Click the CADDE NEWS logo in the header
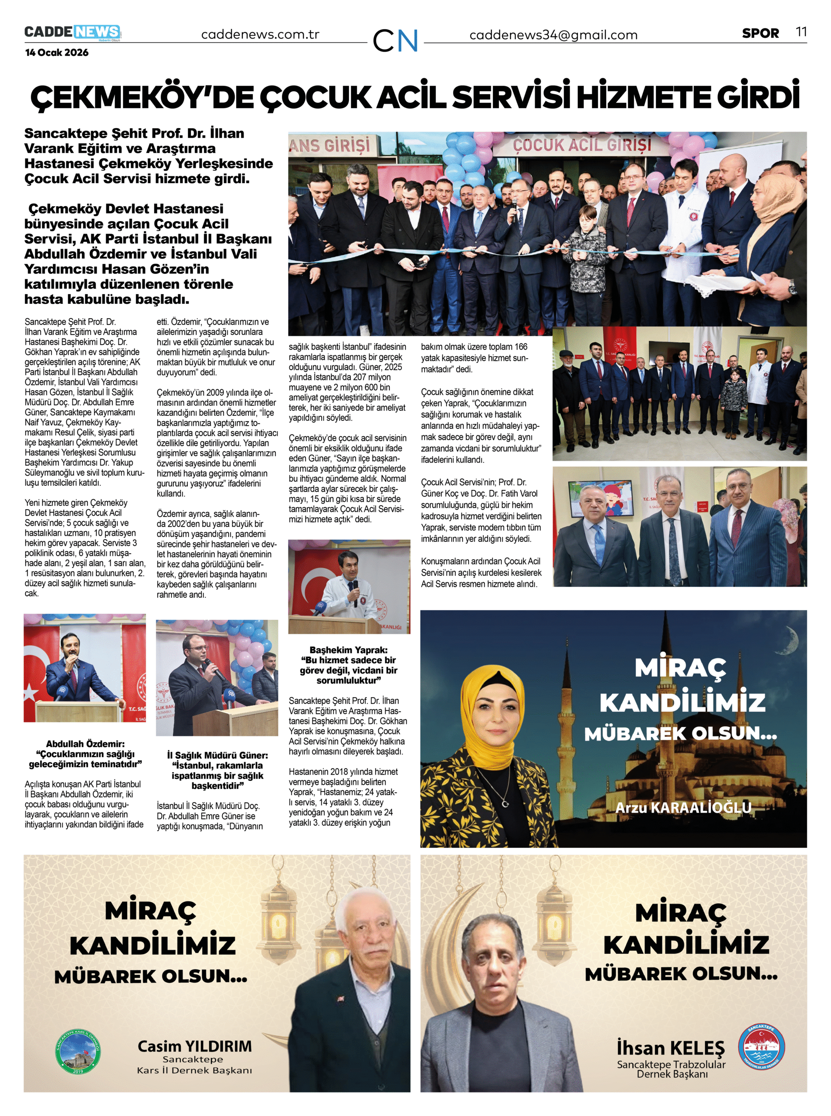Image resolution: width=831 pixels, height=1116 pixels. [x=72, y=33]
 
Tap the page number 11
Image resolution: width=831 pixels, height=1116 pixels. [x=801, y=32]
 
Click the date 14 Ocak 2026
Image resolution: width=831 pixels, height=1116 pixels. [x=57, y=53]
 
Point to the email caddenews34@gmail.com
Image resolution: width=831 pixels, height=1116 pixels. [x=553, y=35]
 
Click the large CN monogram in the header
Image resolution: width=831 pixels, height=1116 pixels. [x=395, y=40]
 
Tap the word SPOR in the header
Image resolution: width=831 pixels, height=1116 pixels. [x=760, y=34]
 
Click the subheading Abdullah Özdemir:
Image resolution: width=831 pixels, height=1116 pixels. [x=85, y=744]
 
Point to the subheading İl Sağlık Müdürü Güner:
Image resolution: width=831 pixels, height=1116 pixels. [x=217, y=755]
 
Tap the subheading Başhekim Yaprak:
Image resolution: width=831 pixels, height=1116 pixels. [x=349, y=650]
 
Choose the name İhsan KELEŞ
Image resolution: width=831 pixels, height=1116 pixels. [x=671, y=1048]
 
